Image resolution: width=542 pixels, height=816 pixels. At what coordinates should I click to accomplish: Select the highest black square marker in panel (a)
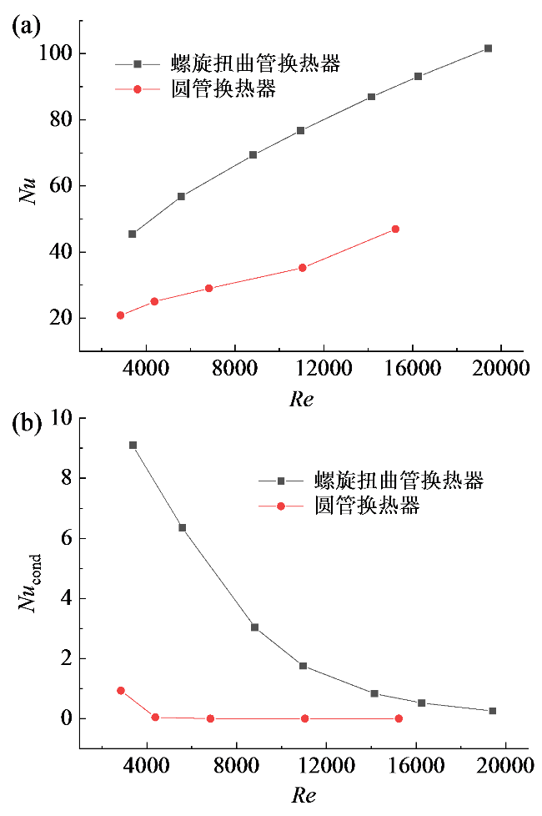click(489, 48)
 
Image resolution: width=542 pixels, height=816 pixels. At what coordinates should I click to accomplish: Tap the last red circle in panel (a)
click(395, 229)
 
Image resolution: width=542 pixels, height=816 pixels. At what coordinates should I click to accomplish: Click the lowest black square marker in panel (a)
click(133, 234)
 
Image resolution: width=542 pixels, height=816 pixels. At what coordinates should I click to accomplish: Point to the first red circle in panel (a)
click(120, 315)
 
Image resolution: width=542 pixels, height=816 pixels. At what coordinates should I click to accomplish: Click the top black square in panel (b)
click(133, 446)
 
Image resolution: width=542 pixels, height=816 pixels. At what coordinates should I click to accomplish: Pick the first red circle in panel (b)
click(121, 691)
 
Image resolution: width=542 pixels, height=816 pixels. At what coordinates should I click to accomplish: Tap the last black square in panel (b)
click(493, 711)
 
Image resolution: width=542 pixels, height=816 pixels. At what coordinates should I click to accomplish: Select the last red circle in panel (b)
click(399, 718)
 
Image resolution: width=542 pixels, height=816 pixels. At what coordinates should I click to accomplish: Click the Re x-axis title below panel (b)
click(303, 795)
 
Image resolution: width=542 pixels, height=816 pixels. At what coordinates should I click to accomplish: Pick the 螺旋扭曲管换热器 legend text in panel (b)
click(399, 481)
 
